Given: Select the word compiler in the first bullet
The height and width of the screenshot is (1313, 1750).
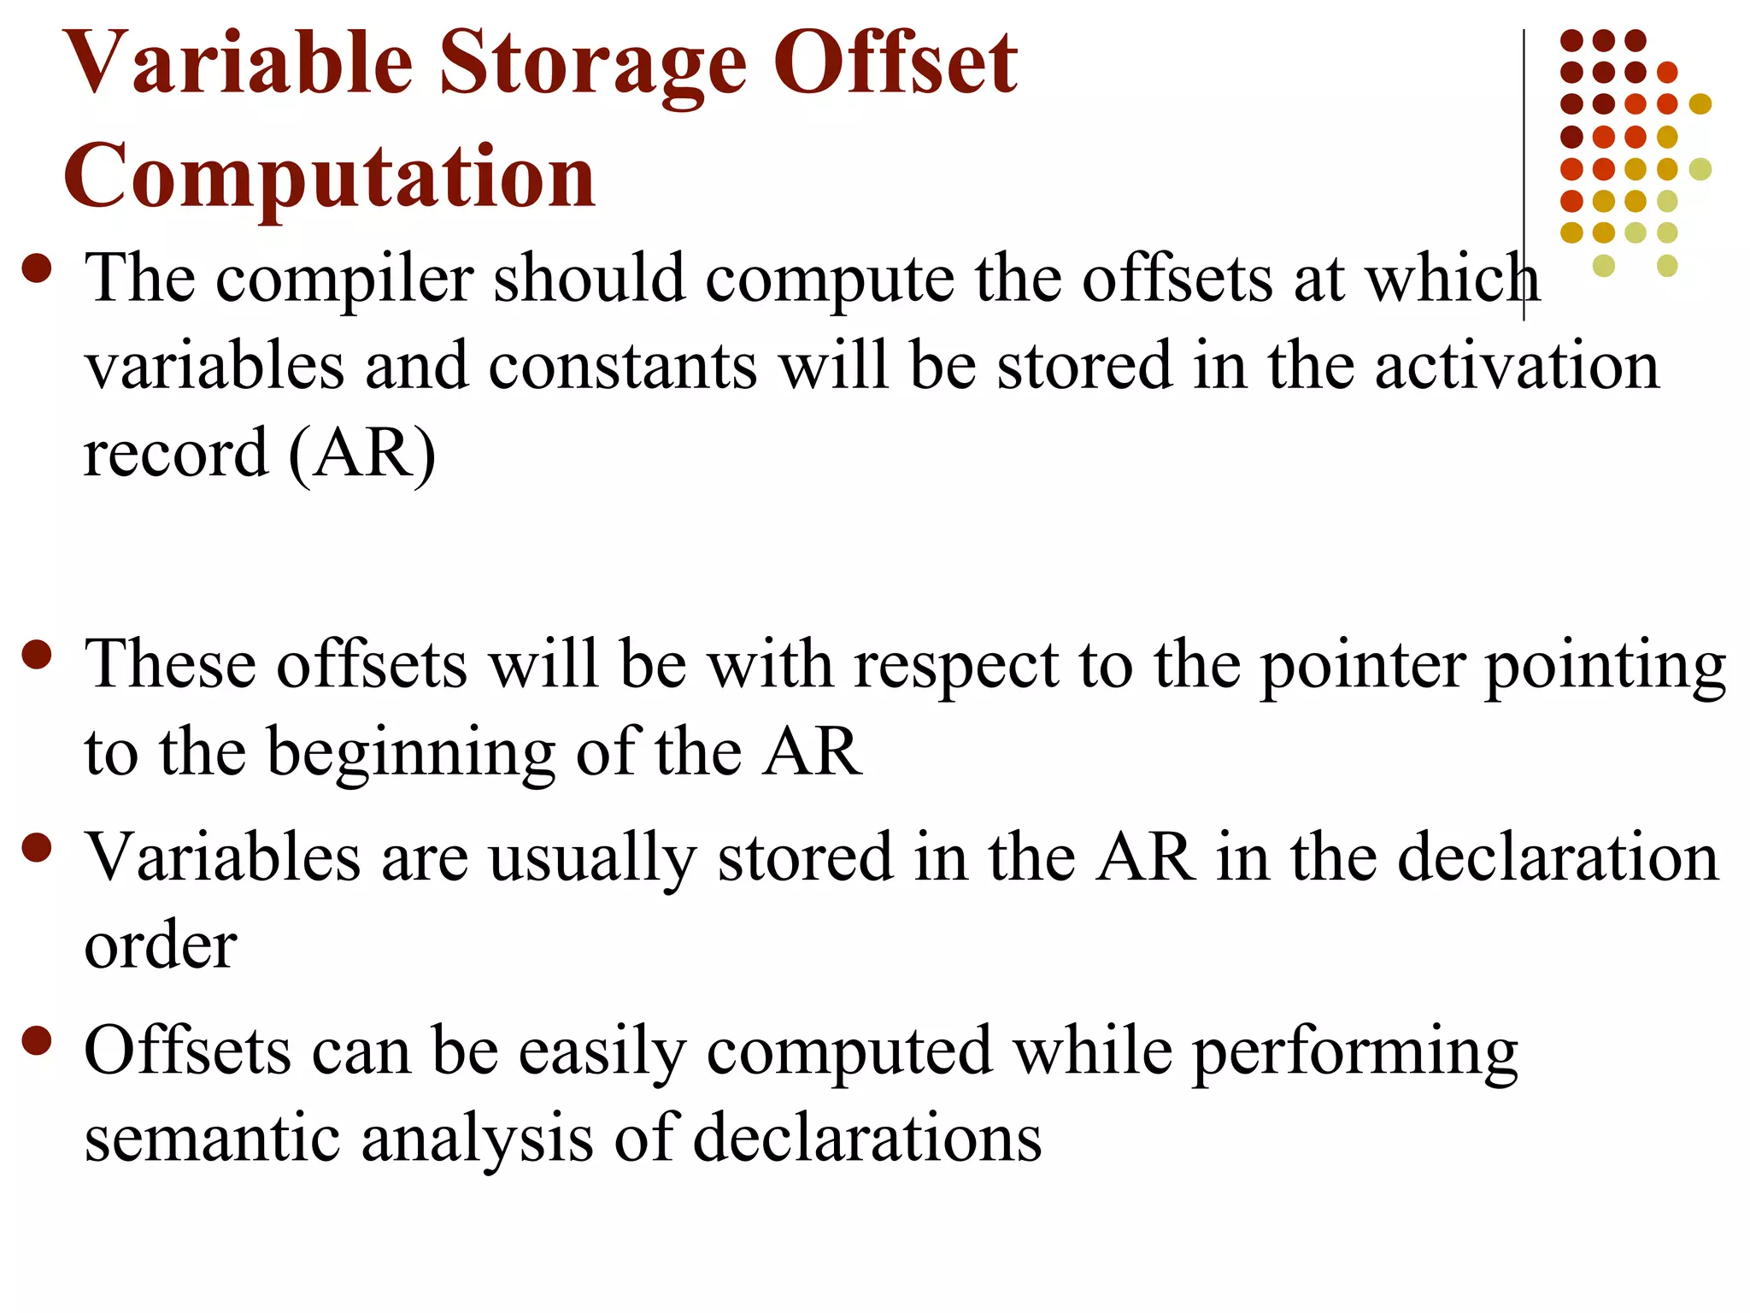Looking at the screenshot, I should pyautogui.click(x=344, y=279).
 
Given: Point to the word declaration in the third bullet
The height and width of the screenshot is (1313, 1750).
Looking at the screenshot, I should pyautogui.click(x=1557, y=858).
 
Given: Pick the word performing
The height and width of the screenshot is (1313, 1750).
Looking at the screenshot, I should pyautogui.click(x=1354, y=1051).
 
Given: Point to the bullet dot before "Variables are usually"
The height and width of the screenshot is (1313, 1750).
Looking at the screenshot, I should pyautogui.click(x=38, y=849).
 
